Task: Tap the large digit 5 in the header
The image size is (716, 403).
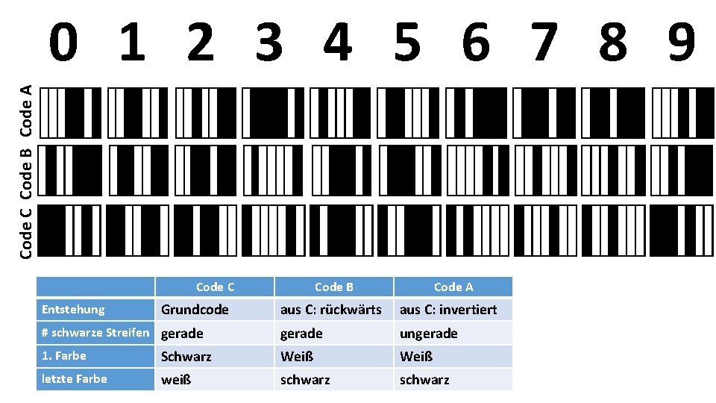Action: (407, 43)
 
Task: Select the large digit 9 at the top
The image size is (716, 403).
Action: (682, 43)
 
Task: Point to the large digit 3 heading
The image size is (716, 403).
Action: (269, 43)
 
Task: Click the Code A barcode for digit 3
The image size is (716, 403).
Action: (274, 113)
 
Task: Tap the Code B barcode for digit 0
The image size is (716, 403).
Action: (70, 171)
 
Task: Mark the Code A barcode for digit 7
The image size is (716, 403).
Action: (545, 113)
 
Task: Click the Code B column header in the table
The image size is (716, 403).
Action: (333, 287)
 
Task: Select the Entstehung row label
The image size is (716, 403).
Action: (73, 309)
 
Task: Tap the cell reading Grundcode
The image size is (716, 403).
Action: (195, 309)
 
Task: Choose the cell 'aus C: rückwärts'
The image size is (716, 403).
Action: (330, 309)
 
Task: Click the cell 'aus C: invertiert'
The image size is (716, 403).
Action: (448, 309)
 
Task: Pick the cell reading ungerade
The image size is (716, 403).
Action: (429, 333)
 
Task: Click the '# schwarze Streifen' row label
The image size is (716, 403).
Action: (95, 333)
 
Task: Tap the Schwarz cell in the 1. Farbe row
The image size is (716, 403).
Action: (186, 357)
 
